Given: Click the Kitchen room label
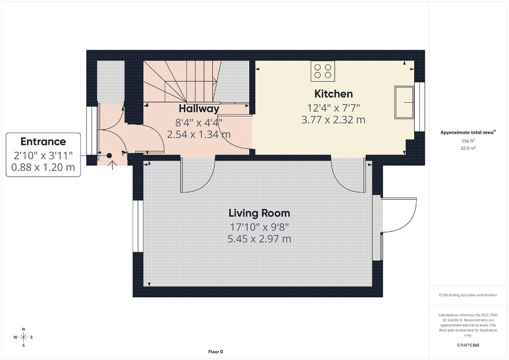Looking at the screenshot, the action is click(x=334, y=94).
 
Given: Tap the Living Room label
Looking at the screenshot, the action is click(x=259, y=213).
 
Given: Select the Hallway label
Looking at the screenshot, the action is click(x=199, y=109).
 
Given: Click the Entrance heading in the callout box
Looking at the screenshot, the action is click(x=43, y=142).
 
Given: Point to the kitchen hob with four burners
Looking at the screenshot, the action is click(x=323, y=71).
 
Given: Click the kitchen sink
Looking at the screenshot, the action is click(x=404, y=102).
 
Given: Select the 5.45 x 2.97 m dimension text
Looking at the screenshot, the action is click(x=259, y=239).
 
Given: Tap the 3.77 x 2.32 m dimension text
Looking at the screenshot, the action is click(x=334, y=120).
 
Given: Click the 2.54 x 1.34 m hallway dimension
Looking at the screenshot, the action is click(x=199, y=134).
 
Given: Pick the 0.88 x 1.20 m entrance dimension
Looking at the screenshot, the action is click(x=43, y=167).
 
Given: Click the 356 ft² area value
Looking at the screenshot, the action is click(x=468, y=141).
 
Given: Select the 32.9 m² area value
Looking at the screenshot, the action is click(x=468, y=148).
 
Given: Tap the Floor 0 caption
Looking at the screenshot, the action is click(x=216, y=352).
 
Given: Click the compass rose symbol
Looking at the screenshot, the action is click(x=23, y=337).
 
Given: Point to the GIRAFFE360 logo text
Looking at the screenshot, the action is click(x=468, y=345).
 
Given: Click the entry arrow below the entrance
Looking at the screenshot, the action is click(x=112, y=165).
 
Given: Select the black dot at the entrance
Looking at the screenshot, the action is click(x=110, y=156).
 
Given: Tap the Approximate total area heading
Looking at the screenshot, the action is click(x=468, y=132).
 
